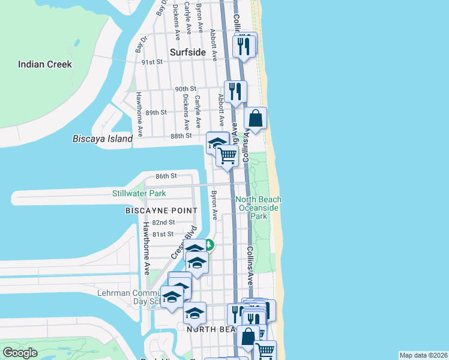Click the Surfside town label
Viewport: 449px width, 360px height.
click(188, 52)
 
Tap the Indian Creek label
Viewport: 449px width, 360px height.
click(45, 64)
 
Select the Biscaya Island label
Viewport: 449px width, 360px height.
click(102, 139)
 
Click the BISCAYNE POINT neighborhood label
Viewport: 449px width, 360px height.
click(161, 211)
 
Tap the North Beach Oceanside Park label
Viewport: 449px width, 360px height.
click(258, 208)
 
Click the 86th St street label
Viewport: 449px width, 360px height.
click(166, 176)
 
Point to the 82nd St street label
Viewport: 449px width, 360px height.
click(163, 222)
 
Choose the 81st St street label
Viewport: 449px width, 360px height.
click(163, 233)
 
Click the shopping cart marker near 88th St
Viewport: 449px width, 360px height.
click(227, 156)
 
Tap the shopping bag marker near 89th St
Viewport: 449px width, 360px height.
click(256, 118)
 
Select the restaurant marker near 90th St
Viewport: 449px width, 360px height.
click(235, 91)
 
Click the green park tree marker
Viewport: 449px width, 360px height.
click(208, 244)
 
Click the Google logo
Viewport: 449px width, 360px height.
click(20, 353)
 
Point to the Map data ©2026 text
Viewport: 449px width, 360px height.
click(423, 355)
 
